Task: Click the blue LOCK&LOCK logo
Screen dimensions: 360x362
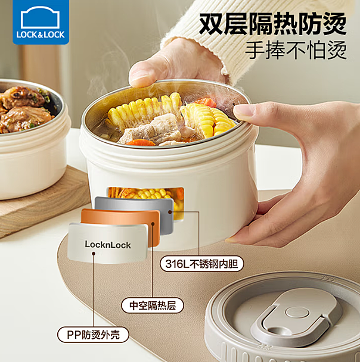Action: click(41, 22)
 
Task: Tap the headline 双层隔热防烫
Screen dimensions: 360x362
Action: click(272, 24)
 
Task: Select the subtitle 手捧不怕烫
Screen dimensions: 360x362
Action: click(296, 50)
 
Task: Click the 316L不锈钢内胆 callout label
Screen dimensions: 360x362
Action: click(201, 264)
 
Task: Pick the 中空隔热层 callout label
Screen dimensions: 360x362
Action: click(153, 305)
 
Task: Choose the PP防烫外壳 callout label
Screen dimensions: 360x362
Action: click(93, 335)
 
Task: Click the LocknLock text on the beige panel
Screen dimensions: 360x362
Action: click(108, 245)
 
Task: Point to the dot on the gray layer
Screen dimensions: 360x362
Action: click(170, 212)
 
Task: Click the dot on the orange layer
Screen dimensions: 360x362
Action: click(153, 224)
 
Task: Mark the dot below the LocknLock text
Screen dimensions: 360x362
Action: click(94, 254)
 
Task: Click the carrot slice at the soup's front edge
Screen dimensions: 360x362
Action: click(141, 142)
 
